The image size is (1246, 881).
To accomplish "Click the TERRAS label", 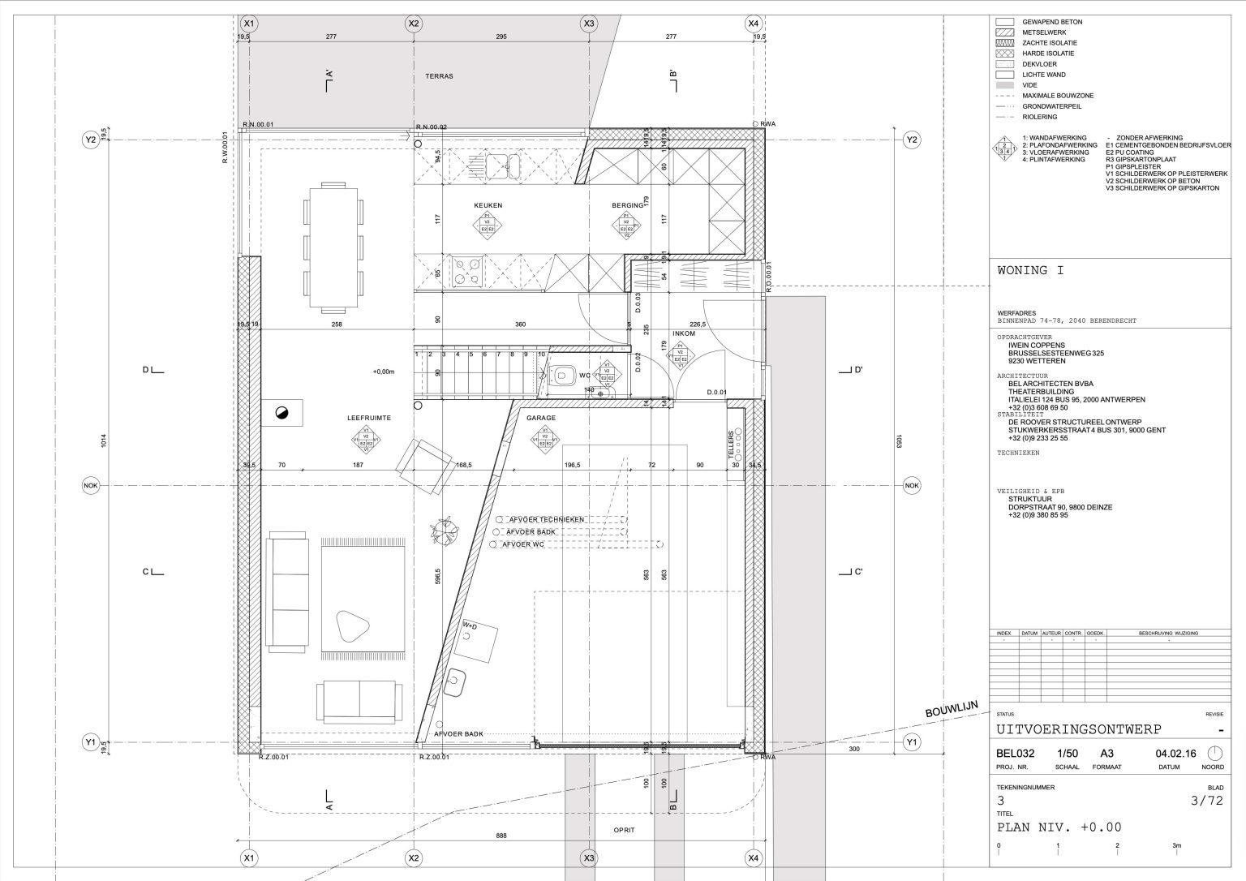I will [x=439, y=76].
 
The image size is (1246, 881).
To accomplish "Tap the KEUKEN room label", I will [x=488, y=205].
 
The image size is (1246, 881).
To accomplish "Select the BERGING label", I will [x=627, y=205].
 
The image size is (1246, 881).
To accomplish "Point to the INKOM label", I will [x=684, y=333].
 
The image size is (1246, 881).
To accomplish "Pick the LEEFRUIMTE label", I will [x=369, y=418].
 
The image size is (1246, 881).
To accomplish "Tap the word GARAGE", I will [x=541, y=418].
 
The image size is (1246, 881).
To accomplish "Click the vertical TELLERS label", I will [x=731, y=445].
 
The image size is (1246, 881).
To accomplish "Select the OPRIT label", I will [x=624, y=830].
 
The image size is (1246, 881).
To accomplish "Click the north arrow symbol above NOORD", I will [x=1214, y=754].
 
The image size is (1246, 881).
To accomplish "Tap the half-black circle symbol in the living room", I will [x=282, y=413].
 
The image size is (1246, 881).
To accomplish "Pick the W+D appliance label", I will [x=470, y=626].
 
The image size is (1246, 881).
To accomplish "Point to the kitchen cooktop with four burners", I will [x=466, y=271].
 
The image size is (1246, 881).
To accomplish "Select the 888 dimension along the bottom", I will [x=502, y=836].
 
